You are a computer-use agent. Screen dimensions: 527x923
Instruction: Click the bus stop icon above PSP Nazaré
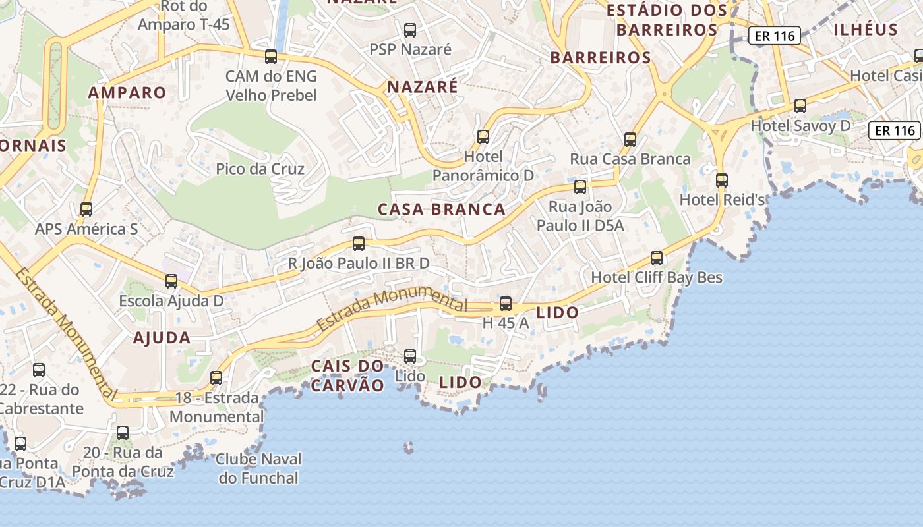(410, 30)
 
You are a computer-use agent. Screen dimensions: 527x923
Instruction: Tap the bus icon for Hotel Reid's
(722, 180)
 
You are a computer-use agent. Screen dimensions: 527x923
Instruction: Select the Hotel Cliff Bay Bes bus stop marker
(657, 258)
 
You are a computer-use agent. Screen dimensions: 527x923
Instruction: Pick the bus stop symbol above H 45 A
(506, 304)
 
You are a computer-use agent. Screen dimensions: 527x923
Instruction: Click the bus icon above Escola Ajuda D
(171, 281)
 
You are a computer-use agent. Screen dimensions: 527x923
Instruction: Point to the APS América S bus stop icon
(86, 209)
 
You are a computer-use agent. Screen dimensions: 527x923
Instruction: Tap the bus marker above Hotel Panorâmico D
(483, 137)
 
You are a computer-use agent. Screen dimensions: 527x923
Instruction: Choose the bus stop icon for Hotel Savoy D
(800, 105)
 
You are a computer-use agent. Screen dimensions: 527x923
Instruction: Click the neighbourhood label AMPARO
(127, 93)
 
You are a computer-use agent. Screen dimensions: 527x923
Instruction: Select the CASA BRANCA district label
(441, 209)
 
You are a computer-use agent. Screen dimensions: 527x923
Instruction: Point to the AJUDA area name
(162, 338)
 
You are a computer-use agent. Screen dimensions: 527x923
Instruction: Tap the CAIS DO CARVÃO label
(347, 375)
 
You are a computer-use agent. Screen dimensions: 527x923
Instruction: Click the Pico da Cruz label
(260, 169)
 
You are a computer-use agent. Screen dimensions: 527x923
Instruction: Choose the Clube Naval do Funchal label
(258, 468)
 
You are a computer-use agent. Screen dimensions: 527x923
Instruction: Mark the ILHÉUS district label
(866, 30)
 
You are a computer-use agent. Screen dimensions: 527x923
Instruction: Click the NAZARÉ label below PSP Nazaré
(422, 87)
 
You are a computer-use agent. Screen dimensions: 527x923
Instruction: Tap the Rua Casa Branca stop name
(630, 159)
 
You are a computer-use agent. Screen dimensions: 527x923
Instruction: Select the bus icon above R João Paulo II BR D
(359, 244)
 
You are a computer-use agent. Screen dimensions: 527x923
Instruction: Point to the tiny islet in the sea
(409, 449)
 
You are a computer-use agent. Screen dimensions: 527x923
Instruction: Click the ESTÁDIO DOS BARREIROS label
(667, 20)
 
